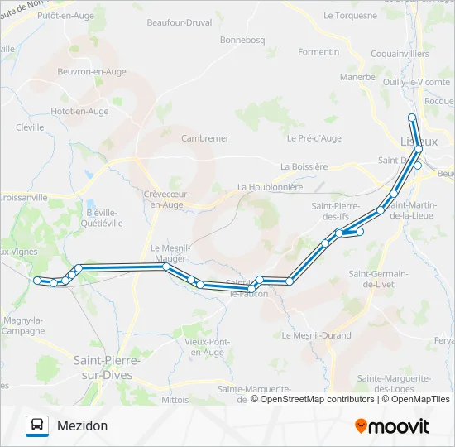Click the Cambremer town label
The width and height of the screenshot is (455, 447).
click(x=205, y=138)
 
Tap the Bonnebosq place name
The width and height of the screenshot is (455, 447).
click(x=241, y=39)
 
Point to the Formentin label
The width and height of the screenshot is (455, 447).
click(x=318, y=51)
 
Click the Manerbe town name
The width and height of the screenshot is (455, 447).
click(x=357, y=77)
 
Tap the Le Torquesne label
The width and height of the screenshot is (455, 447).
click(x=351, y=15)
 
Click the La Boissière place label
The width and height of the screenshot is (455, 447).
click(x=304, y=166)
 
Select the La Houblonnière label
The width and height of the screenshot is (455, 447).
click(x=270, y=187)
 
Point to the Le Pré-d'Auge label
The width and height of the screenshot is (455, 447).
click(x=314, y=138)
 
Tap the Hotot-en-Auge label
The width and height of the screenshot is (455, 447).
click(x=79, y=111)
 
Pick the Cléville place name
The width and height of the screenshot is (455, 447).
click(x=30, y=127)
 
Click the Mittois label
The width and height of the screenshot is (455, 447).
click(x=175, y=399)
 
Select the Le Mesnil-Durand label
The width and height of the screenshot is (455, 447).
click(x=316, y=335)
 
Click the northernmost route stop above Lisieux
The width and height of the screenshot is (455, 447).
click(x=412, y=118)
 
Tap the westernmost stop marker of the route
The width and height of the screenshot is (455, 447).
click(x=37, y=281)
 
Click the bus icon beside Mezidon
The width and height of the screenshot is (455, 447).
click(x=38, y=425)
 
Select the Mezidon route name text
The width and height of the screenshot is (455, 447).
click(x=83, y=425)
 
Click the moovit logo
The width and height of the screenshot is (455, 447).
click(x=392, y=426)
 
